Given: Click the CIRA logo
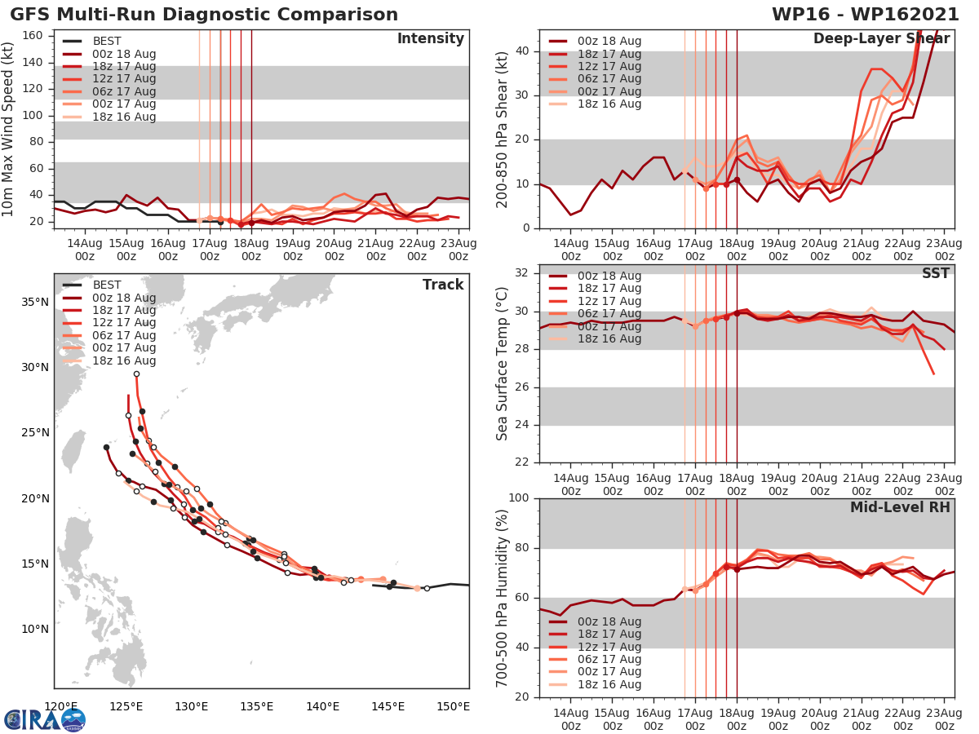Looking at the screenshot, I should coord(44,719).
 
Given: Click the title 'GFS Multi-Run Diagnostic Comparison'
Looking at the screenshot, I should coord(204,15).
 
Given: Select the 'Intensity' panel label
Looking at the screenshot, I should coord(430,39).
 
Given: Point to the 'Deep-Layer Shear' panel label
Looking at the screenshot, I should coord(881,39).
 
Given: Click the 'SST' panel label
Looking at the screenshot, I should coord(935,273).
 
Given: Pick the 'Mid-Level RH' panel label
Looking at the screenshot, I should coord(900,507).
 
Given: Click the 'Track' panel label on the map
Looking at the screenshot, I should coord(443,285).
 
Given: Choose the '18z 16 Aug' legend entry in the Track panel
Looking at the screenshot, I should coord(123,360).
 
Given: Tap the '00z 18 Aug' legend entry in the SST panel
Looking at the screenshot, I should coord(609,276).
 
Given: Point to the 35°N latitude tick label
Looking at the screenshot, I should coord(33,302).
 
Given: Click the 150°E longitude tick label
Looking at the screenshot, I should coord(453,706).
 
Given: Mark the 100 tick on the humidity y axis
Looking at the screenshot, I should coord(521,498).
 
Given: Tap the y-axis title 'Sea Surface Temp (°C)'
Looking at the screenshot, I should coord(502,364).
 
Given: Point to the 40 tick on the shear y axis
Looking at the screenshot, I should coord(524,51).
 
